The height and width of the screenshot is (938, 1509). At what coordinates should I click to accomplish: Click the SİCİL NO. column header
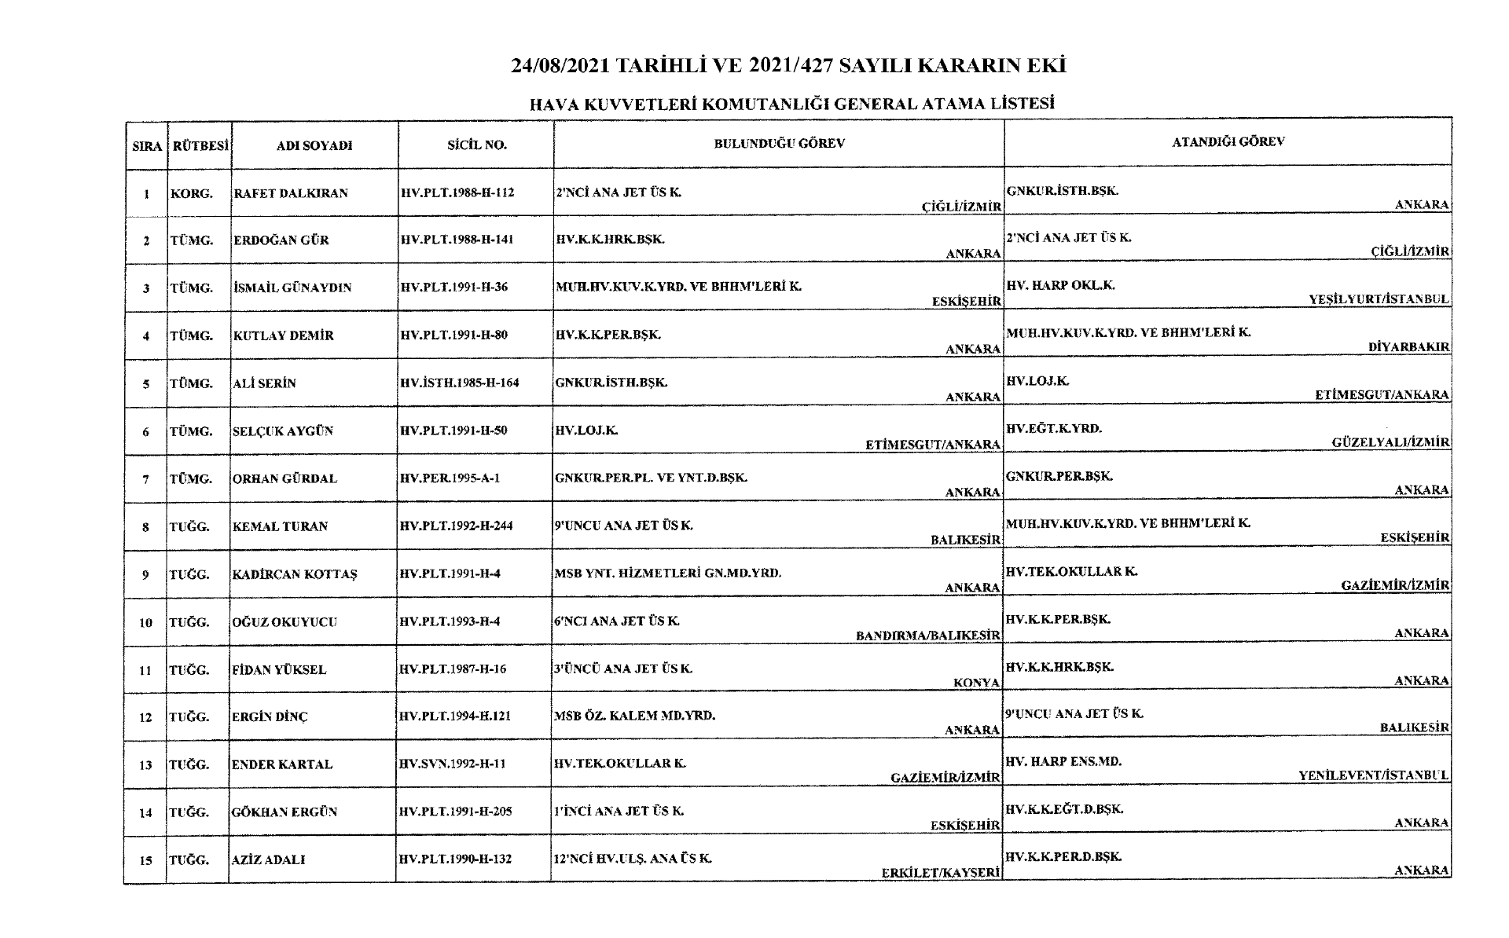pos(476,145)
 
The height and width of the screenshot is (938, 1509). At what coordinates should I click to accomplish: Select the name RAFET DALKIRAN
pos(291,193)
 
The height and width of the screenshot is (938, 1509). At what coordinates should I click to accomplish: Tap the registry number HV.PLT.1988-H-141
pos(457,240)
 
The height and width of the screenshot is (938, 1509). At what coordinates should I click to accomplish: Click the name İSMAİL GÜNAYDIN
pos(292,288)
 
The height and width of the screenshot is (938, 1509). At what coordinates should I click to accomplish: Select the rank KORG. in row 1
pos(192,193)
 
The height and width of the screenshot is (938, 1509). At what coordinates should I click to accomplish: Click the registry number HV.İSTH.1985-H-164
pos(460,383)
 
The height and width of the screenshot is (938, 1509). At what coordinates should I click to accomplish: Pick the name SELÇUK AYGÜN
pos(283,431)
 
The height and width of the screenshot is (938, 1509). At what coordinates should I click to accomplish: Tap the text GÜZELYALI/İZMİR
pos(1390,442)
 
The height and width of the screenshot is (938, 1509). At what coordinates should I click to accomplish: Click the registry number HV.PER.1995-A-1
pos(450,478)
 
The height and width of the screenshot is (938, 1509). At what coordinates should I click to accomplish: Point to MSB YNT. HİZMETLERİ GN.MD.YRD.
pos(668,573)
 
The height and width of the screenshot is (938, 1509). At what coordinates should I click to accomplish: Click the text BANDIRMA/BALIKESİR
pos(928,635)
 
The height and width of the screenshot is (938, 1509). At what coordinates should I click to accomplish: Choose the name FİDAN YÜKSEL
pos(279,670)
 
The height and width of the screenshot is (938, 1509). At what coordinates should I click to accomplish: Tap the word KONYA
pos(976,683)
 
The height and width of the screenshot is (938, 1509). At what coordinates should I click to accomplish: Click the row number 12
pos(145,717)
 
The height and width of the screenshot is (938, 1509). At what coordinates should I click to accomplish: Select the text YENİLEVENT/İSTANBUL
pos(1373,775)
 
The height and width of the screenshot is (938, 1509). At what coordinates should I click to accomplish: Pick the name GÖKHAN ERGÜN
pos(285,812)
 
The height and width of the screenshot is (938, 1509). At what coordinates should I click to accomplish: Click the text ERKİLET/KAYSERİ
pos(941,873)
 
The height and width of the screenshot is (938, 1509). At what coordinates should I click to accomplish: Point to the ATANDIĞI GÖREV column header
pos(1228,142)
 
